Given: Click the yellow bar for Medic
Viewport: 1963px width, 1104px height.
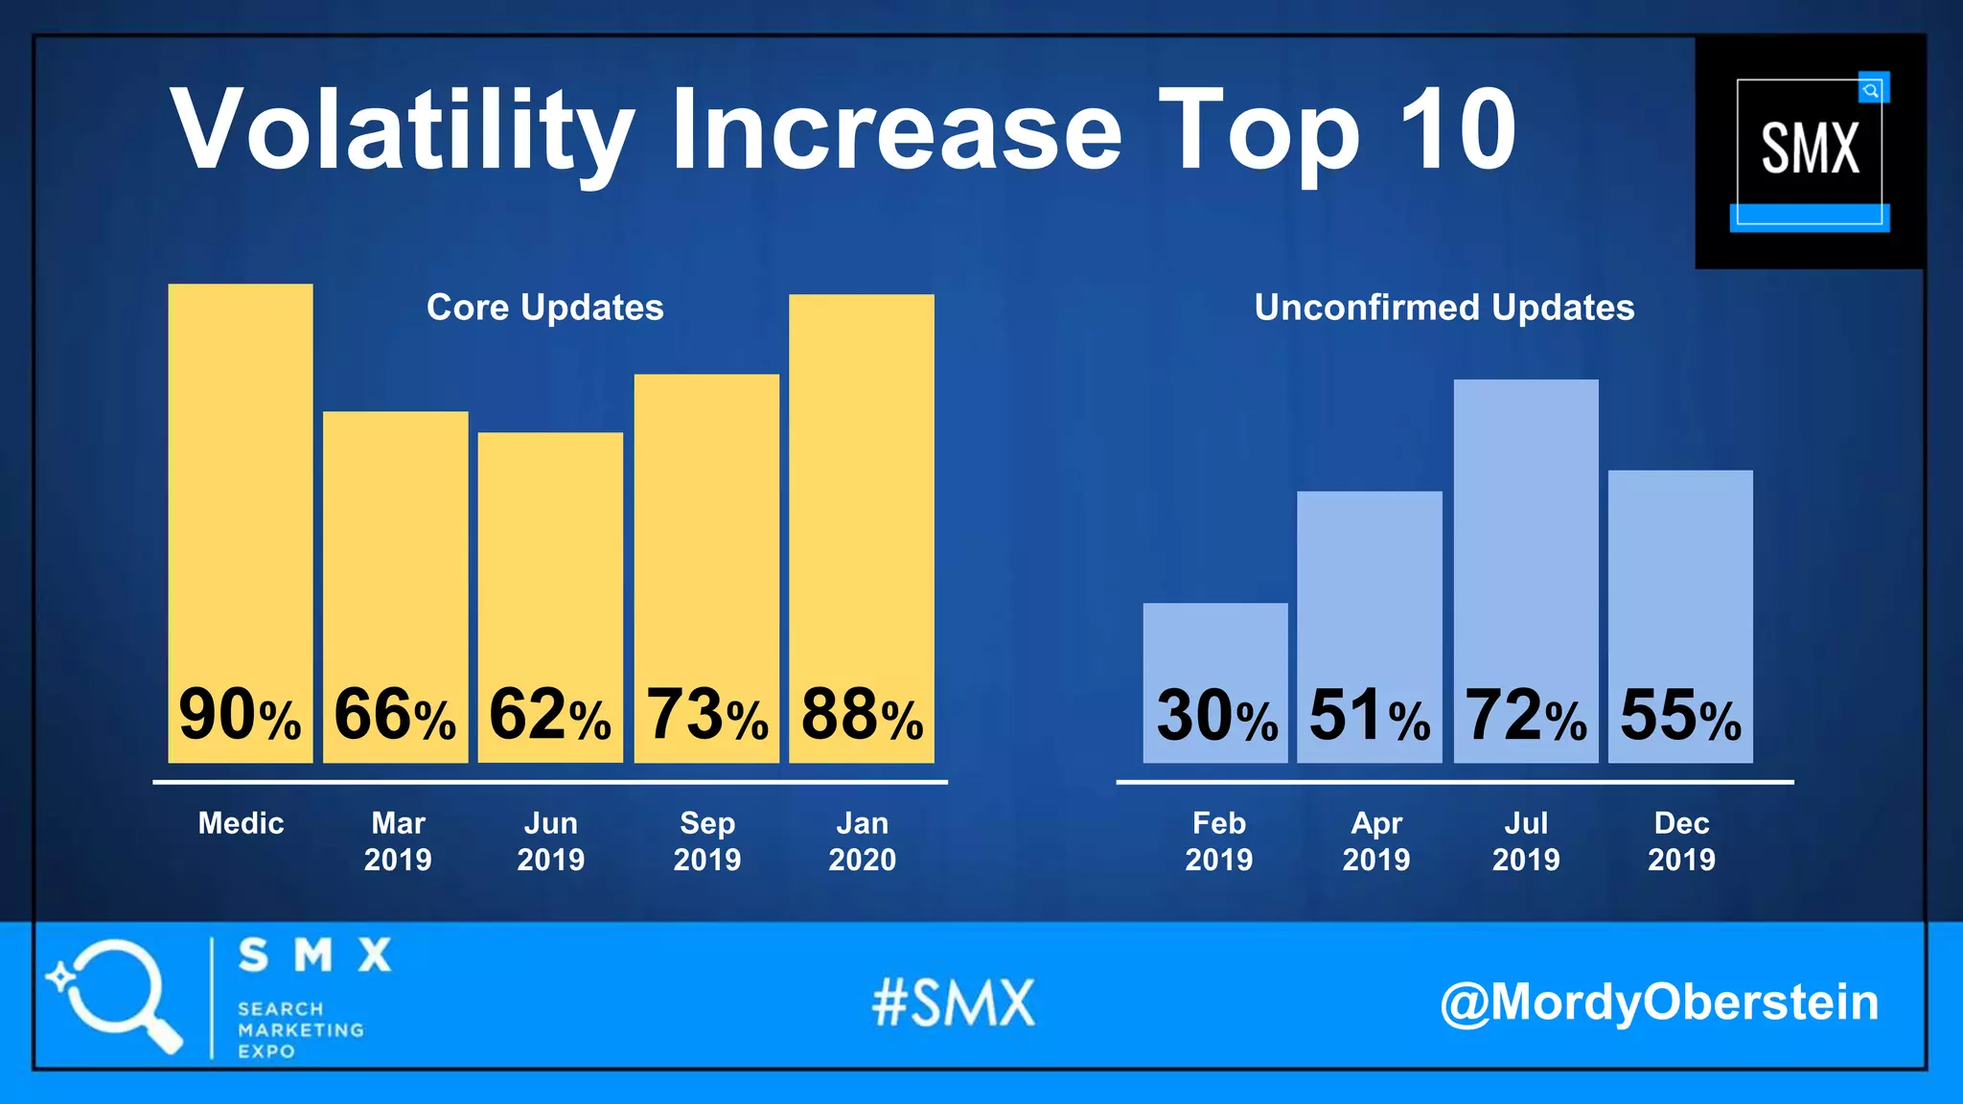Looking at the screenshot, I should coord(240,479).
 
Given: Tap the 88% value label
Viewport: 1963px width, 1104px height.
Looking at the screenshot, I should coord(862,715).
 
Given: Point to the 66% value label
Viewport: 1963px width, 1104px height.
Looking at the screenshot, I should coord(395,715).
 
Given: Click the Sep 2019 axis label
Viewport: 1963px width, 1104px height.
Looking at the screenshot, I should coord(707,840).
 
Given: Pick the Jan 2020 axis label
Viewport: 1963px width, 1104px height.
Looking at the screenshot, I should coord(862,840).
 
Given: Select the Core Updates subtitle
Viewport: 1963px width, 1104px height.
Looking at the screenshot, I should coord(544,308).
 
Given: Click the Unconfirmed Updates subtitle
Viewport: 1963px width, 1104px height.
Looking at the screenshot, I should coord(1443,308).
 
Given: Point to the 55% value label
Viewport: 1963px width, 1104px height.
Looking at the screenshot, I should coord(1680,715).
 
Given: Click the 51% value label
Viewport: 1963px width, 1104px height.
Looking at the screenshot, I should coord(1370,715).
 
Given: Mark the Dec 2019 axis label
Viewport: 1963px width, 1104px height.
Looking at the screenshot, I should coord(1681,840).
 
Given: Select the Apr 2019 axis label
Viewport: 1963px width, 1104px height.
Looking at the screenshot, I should coord(1375,840).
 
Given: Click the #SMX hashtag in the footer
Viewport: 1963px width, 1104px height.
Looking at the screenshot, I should coord(954,1003).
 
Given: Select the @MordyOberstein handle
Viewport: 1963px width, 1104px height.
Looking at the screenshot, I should coord(1658,1002).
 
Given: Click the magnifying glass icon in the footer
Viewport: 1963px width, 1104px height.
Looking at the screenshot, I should coord(115,995).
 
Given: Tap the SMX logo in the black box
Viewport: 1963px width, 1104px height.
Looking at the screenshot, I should coord(1810,150).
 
